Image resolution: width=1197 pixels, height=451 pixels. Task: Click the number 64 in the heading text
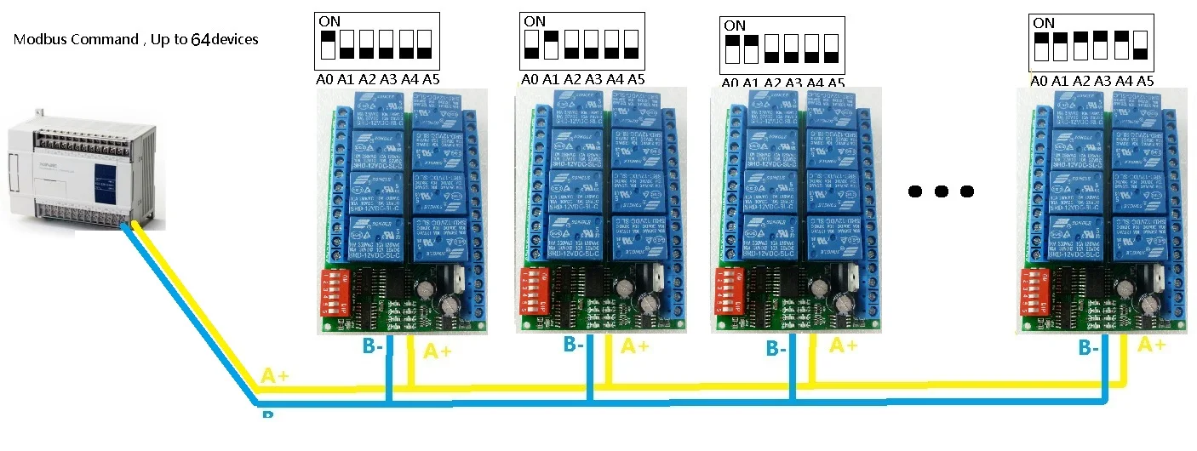tap(200, 39)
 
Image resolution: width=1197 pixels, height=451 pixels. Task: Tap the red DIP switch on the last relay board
tap(1034, 293)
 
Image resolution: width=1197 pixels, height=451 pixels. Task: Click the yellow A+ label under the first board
tap(438, 350)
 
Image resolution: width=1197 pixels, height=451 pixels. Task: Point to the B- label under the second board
tap(574, 344)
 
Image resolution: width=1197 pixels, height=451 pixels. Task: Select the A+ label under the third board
tap(843, 345)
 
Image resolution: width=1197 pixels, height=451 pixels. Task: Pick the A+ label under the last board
tap(1151, 345)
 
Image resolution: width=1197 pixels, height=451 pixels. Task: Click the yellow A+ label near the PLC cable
tap(275, 376)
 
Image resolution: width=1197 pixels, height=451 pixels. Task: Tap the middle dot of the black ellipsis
tap(941, 191)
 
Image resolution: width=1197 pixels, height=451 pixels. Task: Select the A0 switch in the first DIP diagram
tap(327, 45)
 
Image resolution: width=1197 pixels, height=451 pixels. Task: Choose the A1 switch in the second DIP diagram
tap(551, 45)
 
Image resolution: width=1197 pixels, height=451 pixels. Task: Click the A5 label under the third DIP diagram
tap(836, 83)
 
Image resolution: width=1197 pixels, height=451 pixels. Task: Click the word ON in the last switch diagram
tap(1043, 23)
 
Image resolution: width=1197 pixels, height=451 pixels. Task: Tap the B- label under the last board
tap(1088, 346)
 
